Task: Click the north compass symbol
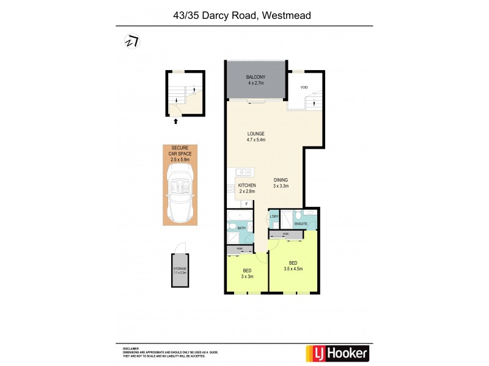131,41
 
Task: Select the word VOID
304,88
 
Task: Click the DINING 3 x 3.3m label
281,183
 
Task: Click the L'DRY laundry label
274,217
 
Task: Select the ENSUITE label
300,224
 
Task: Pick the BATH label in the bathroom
241,228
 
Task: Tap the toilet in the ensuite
310,213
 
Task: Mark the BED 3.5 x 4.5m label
293,266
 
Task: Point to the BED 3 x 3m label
247,273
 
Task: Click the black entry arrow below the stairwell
176,121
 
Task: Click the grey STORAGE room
180,271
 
